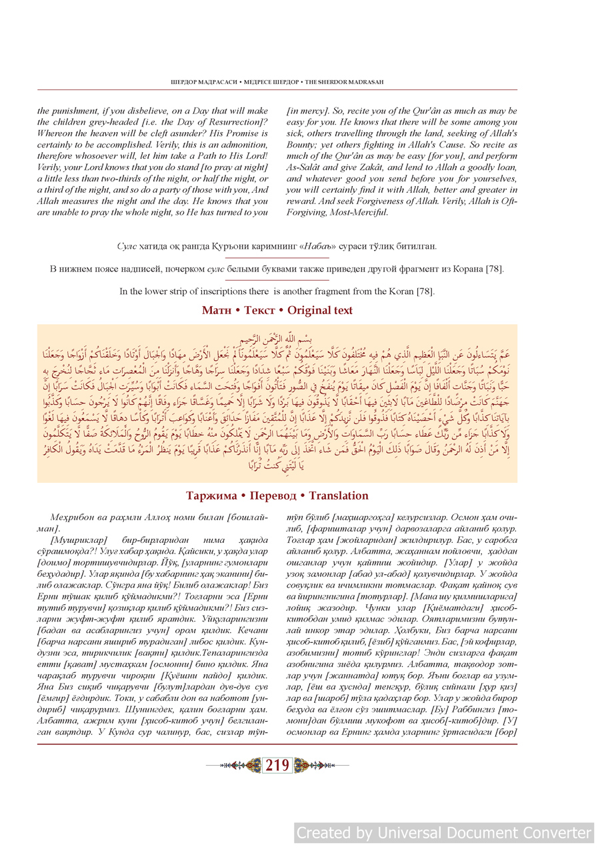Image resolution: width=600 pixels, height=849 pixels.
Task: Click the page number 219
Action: (x=277, y=766)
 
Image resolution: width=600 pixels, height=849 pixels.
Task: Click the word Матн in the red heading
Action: (x=217, y=311)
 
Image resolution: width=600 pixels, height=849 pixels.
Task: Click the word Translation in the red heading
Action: (x=339, y=496)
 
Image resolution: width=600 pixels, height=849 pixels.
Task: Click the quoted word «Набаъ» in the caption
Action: (x=343, y=247)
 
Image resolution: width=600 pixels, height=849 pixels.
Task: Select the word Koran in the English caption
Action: (x=401, y=291)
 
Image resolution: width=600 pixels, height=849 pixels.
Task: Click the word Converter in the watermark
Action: (x=547, y=833)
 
